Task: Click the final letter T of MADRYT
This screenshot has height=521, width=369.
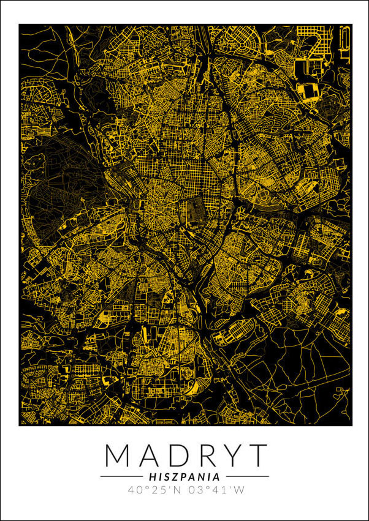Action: click(257, 455)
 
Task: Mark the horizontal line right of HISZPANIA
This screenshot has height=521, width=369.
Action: click(246, 476)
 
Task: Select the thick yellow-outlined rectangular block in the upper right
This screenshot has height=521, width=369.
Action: click(306, 92)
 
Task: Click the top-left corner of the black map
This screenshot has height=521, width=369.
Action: click(20, 25)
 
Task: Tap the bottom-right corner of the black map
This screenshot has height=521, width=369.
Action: click(351, 424)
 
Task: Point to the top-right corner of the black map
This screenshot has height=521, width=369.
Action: click(351, 25)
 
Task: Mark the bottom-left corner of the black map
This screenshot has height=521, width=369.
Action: click(20, 424)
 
